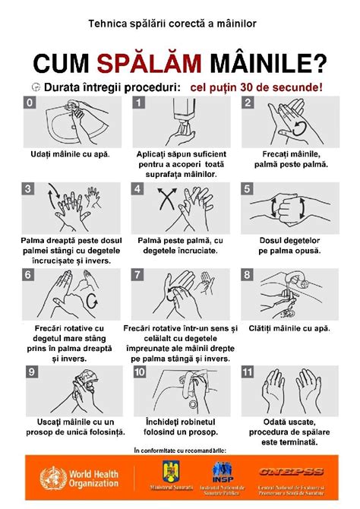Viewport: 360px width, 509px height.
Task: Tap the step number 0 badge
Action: [30, 102]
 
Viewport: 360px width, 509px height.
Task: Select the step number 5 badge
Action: [247, 188]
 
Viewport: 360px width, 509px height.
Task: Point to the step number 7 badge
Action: [138, 274]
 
